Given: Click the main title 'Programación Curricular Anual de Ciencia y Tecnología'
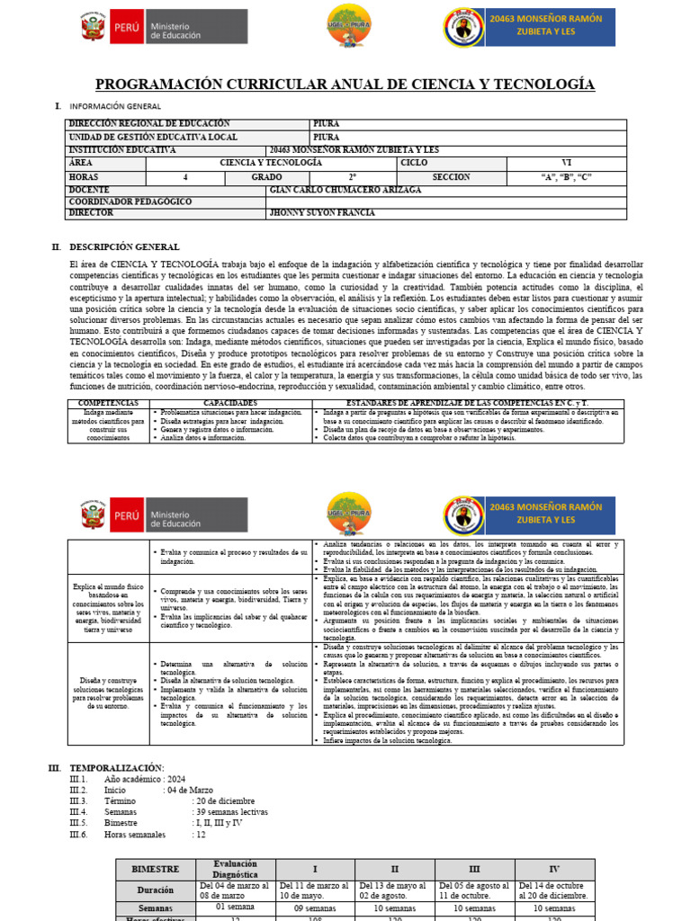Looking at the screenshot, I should click(x=345, y=84).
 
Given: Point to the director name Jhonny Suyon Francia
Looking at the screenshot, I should click(x=322, y=213).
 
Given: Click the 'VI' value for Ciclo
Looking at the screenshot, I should click(x=566, y=163).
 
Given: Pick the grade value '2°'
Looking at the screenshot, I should click(x=353, y=177).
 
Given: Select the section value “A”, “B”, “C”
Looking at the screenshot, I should click(x=566, y=177).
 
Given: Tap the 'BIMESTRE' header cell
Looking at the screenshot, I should click(x=156, y=870).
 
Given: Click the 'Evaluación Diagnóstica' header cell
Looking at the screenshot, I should click(x=236, y=869).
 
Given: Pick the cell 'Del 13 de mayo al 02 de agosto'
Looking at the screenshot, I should click(x=397, y=890).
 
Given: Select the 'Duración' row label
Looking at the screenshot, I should click(x=156, y=890).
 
